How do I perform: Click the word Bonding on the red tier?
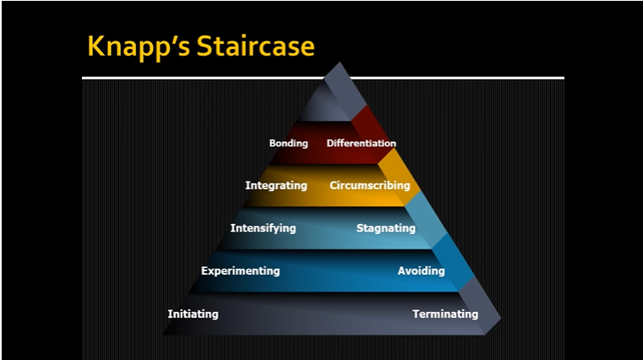pos(288,144)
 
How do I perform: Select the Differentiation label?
pos(361,144)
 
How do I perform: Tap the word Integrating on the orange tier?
pos(275,185)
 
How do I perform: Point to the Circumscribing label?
pos(369,185)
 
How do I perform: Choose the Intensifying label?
pos(263,228)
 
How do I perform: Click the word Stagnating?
pos(385,228)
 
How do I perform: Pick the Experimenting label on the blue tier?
pos(240,271)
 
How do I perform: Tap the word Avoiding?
pos(421,271)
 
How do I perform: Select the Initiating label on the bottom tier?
pos(193,314)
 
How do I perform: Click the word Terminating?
pos(444,314)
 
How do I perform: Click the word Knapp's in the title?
pos(139,46)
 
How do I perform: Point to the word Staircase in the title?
pos(255,46)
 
